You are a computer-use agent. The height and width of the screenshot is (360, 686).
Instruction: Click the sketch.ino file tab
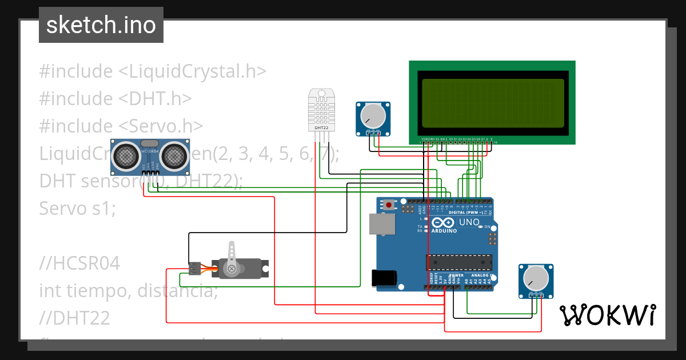point(101,25)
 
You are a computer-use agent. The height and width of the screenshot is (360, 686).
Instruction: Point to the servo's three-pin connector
point(195,267)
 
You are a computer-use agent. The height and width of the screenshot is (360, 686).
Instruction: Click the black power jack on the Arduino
point(384,278)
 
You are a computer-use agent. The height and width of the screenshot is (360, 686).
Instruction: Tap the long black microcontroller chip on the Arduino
point(458,262)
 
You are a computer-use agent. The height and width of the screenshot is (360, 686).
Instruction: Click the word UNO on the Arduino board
point(469,222)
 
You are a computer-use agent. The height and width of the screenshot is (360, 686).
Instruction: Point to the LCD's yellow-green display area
point(493,103)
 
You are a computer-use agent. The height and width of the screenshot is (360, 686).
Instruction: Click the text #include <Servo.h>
point(121,126)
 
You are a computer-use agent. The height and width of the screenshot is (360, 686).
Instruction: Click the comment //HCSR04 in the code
point(79,263)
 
